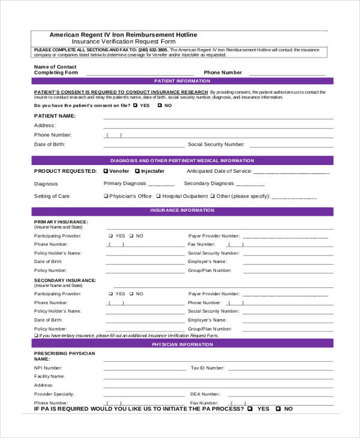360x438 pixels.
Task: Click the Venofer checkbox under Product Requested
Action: click(x=106, y=171)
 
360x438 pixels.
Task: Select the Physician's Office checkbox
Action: click(x=106, y=196)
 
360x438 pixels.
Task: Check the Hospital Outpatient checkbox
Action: click(x=158, y=196)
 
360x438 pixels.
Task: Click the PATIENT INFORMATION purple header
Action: click(x=182, y=80)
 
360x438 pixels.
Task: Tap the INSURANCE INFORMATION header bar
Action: click(x=182, y=211)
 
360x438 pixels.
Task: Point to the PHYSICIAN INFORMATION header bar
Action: click(x=182, y=345)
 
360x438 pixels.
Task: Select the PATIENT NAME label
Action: click(x=55, y=115)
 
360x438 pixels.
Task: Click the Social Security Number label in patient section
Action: click(x=216, y=145)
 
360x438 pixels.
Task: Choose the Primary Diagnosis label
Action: click(x=125, y=184)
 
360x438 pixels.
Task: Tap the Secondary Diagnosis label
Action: click(x=209, y=184)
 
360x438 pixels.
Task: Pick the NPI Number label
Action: click(x=48, y=368)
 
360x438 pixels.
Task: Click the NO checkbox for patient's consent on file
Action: click(x=160, y=106)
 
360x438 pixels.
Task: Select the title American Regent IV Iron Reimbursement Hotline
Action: click(x=123, y=35)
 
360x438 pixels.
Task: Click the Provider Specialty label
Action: click(x=54, y=394)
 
